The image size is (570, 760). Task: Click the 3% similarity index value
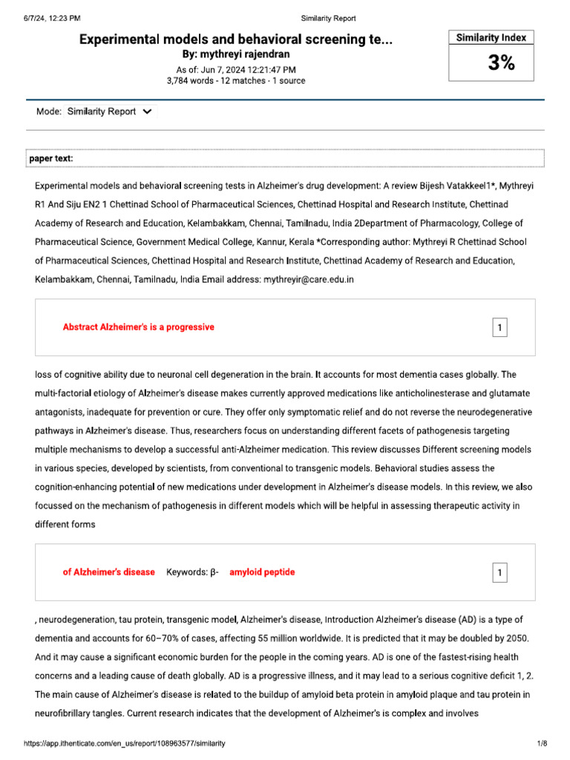[x=501, y=64]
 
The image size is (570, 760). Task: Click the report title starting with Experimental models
[x=236, y=40]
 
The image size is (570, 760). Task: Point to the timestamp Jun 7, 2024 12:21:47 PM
[x=236, y=69]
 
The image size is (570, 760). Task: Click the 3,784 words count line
[x=236, y=81]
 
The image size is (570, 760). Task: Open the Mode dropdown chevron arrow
[x=146, y=112]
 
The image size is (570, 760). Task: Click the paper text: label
[x=51, y=159]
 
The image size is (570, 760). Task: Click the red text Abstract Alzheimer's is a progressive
[x=139, y=327]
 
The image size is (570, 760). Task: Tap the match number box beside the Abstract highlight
[x=500, y=327]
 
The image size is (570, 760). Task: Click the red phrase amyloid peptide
[x=262, y=572]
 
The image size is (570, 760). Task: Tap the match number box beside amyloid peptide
[x=500, y=572]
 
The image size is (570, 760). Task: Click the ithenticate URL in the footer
[x=125, y=743]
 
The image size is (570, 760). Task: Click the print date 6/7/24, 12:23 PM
[x=52, y=18]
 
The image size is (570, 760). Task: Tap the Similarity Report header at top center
[x=328, y=18]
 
